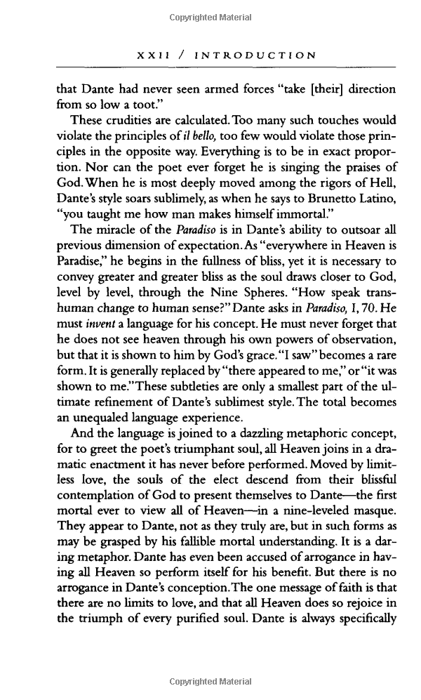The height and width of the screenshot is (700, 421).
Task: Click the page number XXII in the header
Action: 149,55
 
